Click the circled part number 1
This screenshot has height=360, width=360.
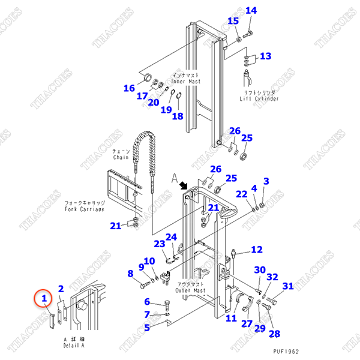(x=43, y=297)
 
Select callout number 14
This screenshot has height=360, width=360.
(x=251, y=11)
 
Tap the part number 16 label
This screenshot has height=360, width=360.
(x=129, y=88)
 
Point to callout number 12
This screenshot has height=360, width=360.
(x=256, y=250)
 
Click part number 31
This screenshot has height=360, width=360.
(x=289, y=286)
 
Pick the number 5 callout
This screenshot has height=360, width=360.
(x=147, y=328)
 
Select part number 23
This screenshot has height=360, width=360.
(x=159, y=244)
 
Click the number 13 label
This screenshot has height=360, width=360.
(x=265, y=56)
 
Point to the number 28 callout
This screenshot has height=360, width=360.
(x=274, y=334)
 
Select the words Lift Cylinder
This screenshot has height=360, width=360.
(x=259, y=98)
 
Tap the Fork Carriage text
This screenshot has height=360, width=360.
(x=84, y=210)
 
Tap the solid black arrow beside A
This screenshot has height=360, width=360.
(x=185, y=187)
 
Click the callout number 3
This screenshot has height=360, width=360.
(x=266, y=181)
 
